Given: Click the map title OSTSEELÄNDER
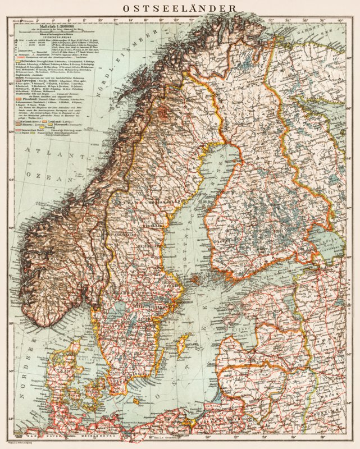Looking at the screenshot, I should point(180,8).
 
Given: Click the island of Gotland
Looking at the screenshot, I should point(184,342).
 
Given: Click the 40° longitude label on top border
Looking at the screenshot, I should point(340,21).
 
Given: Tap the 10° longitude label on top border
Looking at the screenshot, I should point(100,21).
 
